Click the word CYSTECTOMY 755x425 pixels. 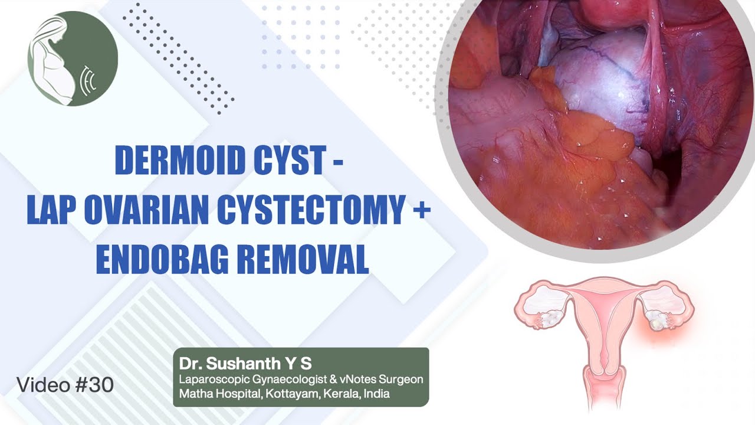[x=306, y=211]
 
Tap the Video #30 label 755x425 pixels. [x=65, y=385]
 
